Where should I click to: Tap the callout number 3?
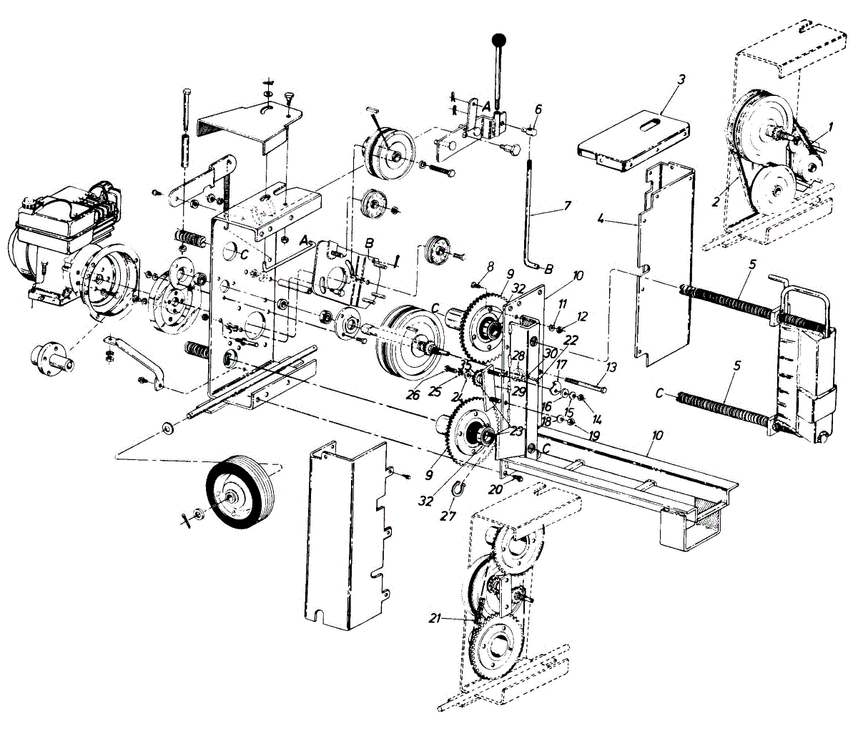coord(681,79)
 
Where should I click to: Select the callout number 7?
coord(567,206)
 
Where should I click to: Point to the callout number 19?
coord(593,435)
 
